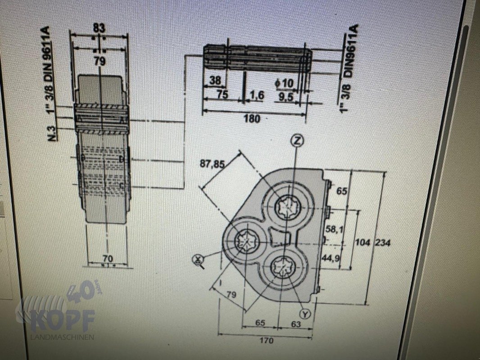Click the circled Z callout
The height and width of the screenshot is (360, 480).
click(296, 141)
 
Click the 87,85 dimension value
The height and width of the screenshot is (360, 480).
click(213, 164)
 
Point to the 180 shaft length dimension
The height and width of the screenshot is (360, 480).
click(252, 119)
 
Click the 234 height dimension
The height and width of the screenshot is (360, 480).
click(383, 243)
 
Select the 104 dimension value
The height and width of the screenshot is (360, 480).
click(362, 243)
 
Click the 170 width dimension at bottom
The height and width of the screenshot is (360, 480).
click(267, 341)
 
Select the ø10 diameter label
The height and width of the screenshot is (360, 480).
click(284, 83)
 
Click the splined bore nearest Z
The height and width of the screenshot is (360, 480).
click(290, 207)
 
